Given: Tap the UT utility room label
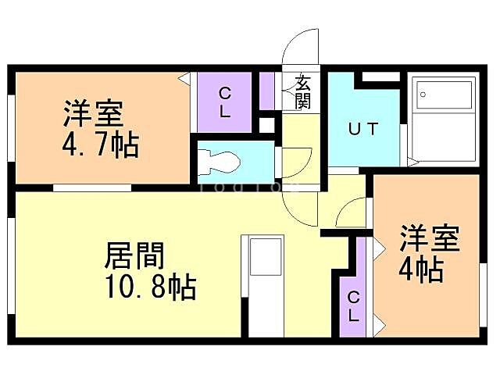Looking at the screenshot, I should coord(362,130).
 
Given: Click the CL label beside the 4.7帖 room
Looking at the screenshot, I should coord(224,102).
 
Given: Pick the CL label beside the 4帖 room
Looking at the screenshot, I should coord(353,306).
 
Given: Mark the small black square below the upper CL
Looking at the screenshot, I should coord(267,124).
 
